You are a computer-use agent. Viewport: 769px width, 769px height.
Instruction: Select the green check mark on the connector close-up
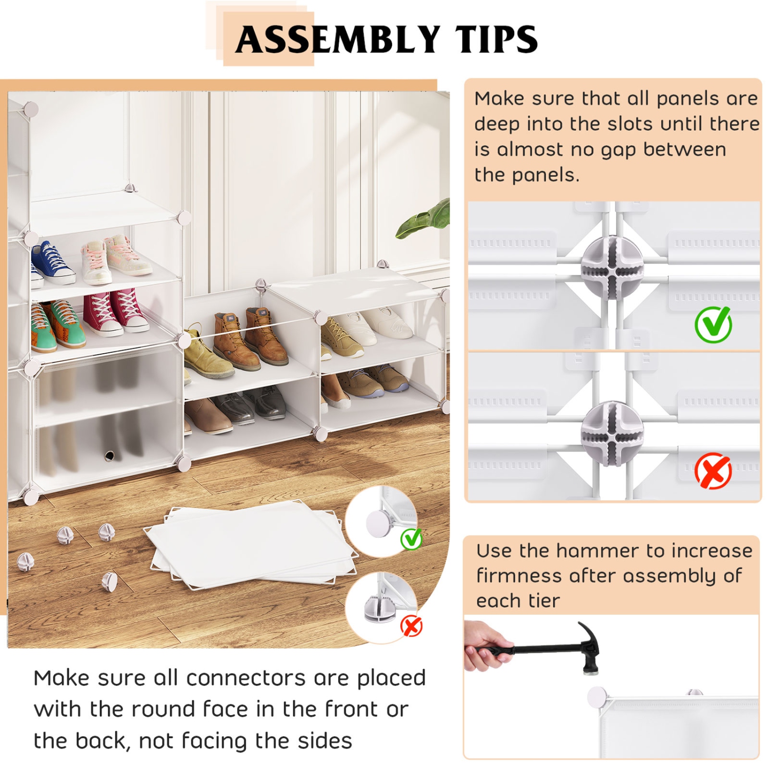pyautogui.click(x=713, y=324)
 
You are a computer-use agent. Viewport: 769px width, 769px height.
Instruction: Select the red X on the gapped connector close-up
pyautogui.click(x=713, y=471)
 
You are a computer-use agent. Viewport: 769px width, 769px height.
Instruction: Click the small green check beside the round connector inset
pyautogui.click(x=411, y=538)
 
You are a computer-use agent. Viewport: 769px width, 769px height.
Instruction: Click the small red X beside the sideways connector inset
pyautogui.click(x=411, y=626)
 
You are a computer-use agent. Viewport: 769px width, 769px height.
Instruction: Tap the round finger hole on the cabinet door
pyautogui.click(x=109, y=455)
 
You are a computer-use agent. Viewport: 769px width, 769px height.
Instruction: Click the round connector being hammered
pyautogui.click(x=597, y=698)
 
